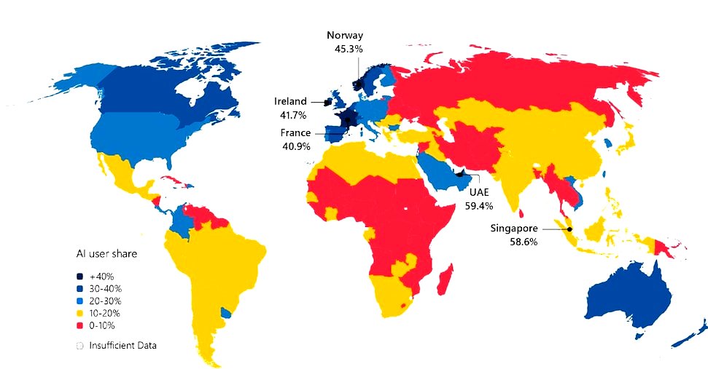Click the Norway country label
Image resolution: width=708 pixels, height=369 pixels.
click(345, 35)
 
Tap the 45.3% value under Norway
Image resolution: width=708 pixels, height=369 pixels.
click(346, 48)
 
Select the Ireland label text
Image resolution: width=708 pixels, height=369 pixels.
click(290, 102)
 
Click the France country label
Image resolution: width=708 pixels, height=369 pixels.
click(295, 133)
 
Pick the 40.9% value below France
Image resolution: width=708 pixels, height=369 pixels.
click(295, 146)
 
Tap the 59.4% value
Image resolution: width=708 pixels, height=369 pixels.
click(479, 205)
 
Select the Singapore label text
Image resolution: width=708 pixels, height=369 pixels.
click(514, 228)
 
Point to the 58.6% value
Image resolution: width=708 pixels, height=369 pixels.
click(523, 242)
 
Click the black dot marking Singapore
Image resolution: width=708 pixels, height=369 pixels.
click(570, 229)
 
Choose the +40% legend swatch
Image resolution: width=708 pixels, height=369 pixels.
click(79, 277)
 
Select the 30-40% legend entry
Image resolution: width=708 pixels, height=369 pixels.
click(105, 289)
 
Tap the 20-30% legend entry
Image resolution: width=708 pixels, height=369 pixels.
click(105, 301)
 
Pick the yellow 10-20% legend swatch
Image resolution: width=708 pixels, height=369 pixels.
click(79, 313)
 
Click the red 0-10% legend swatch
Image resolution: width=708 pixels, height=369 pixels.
click(79, 325)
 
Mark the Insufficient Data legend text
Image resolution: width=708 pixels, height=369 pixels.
click(122, 345)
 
